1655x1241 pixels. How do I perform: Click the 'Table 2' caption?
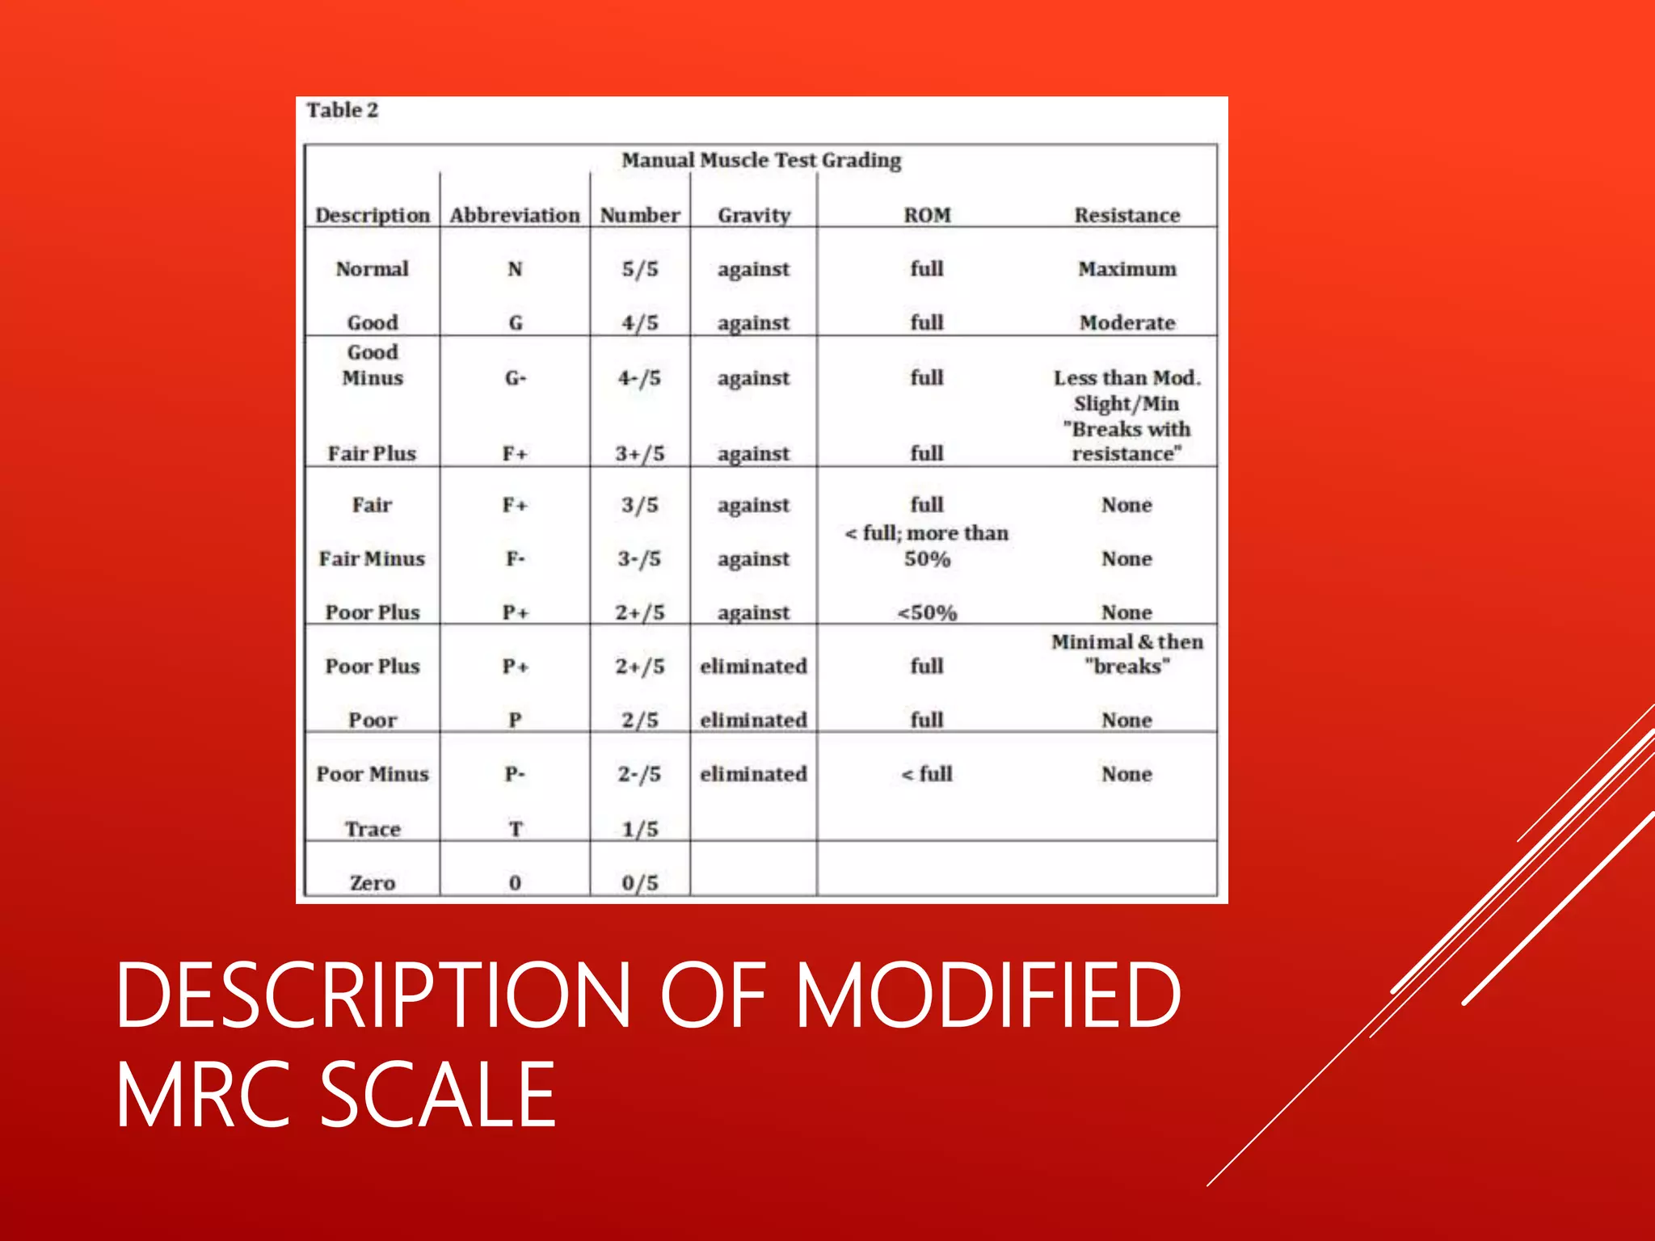(342, 110)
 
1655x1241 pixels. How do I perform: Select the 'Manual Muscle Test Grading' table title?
(760, 160)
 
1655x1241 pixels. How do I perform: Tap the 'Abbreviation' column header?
(515, 215)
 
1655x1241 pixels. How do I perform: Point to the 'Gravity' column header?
(753, 215)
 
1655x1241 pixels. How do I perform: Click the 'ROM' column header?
(927, 215)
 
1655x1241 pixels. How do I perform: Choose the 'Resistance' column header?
(1126, 215)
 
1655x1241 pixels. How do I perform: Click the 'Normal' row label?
(372, 268)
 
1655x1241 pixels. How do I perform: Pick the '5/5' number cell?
(639, 268)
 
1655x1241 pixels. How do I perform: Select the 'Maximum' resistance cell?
(1126, 268)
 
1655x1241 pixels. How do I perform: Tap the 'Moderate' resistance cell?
(1126, 322)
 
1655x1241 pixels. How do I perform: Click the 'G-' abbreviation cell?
(515, 377)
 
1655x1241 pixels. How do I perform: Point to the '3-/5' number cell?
(639, 558)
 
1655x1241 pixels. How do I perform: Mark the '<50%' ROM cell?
(927, 612)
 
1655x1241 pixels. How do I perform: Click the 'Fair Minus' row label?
(372, 558)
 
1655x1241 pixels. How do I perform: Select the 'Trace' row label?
(372, 829)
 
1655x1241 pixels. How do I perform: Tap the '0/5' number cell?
(639, 882)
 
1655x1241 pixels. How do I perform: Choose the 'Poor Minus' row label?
(372, 774)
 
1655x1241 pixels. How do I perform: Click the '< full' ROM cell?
(927, 774)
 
